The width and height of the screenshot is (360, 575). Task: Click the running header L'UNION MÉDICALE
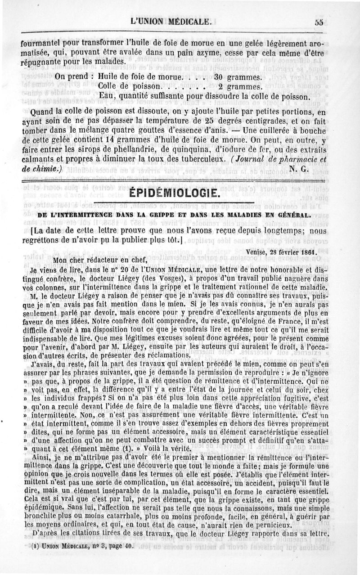tap(171, 21)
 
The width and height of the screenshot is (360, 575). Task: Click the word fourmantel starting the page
tap(41, 45)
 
